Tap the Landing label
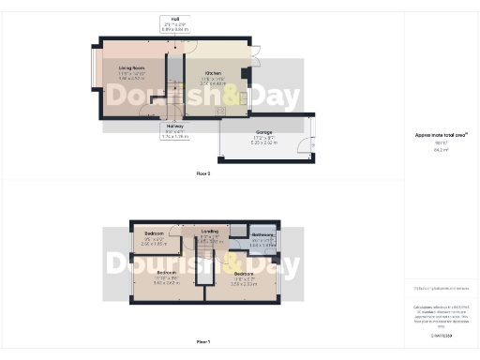(210, 231)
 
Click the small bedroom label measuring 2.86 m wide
(154, 232)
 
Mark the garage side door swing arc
(302, 143)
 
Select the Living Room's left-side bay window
(92, 77)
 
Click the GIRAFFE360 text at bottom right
(441, 335)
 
